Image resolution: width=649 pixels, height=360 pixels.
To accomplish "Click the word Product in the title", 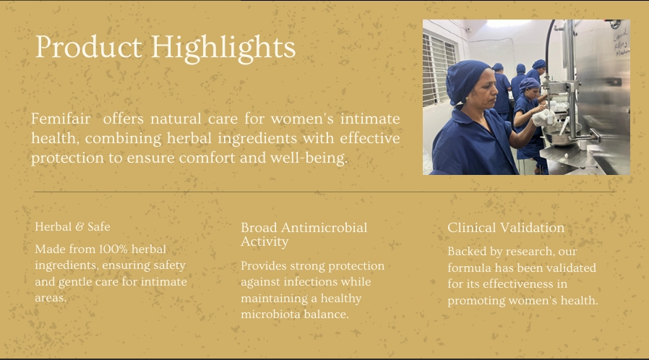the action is (89, 46).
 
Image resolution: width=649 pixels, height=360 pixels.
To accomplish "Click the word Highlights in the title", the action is (223, 48).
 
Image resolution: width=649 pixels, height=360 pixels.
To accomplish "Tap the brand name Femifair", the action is (61, 119).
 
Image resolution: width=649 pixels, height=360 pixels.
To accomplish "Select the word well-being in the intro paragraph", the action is (309, 158).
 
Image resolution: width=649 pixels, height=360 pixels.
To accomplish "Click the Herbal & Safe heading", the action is (72, 227).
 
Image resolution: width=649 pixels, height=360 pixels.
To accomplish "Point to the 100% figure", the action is (113, 249).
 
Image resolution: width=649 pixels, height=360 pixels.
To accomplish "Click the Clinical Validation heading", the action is (506, 228).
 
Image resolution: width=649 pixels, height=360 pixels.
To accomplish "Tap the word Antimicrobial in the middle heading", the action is (324, 228).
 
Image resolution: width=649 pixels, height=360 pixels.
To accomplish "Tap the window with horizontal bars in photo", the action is (438, 68).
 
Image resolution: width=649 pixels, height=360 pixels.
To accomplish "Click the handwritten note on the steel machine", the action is (622, 41).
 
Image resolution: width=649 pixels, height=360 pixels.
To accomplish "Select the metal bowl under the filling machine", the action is (562, 134).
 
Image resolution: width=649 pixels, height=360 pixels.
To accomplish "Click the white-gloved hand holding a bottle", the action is (543, 118).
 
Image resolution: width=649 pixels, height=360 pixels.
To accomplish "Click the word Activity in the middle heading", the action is (265, 242).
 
